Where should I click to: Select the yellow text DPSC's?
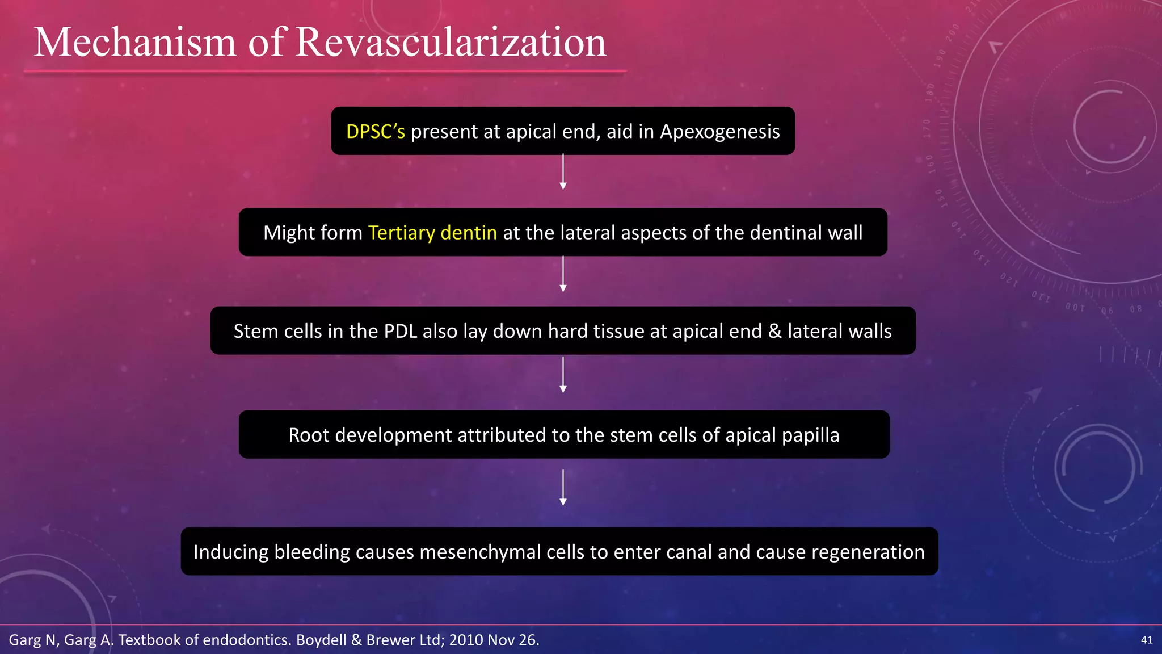coord(376,132)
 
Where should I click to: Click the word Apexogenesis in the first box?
coord(720,132)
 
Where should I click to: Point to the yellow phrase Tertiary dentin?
coord(432,233)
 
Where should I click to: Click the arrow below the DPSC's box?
coord(563,172)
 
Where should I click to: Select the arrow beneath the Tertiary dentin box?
coord(563,274)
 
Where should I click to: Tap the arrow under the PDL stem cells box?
coord(563,375)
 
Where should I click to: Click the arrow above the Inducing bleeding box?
coord(563,488)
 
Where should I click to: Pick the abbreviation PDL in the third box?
coord(401,331)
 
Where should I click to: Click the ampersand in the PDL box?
coord(774,331)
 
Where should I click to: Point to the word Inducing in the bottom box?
coord(231,552)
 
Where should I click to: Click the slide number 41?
coord(1147,640)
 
